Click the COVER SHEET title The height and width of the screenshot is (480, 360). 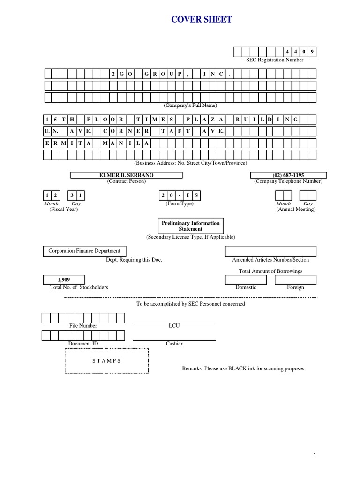(x=201, y=20)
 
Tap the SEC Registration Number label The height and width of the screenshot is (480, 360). (x=275, y=60)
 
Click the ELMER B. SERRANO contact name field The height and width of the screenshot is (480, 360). (x=127, y=175)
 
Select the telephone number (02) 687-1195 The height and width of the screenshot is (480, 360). (x=288, y=175)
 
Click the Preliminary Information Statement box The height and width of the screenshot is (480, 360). (x=190, y=226)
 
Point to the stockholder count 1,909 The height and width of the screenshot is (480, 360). (x=64, y=280)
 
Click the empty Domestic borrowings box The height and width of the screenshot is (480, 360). (x=246, y=279)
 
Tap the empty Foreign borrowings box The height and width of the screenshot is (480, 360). (x=295, y=279)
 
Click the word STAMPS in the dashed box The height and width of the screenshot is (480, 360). (x=106, y=361)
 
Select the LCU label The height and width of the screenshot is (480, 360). (x=174, y=326)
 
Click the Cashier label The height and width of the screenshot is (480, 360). (x=174, y=344)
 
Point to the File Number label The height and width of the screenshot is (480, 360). (x=83, y=326)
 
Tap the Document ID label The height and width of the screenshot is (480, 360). (x=83, y=344)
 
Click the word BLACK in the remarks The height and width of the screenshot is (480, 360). (x=238, y=369)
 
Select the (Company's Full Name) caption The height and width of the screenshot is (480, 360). (x=190, y=106)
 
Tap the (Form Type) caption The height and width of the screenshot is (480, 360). (x=179, y=204)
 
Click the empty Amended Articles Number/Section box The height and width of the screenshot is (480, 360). (x=270, y=251)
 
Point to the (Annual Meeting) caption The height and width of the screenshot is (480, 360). (x=296, y=210)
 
